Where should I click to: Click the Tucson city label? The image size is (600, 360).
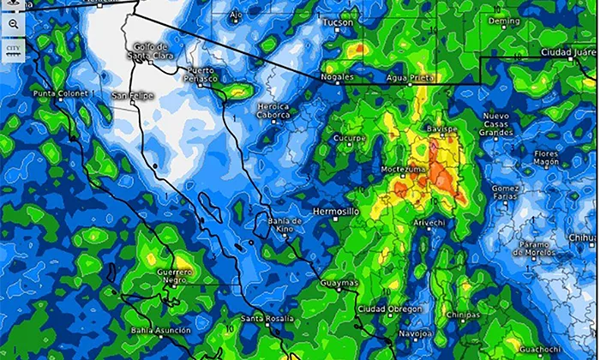[x=337, y=23]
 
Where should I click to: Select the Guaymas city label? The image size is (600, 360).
[x=336, y=281]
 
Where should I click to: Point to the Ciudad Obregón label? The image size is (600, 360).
[x=390, y=309]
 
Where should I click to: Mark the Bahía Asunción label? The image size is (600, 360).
[x=156, y=330]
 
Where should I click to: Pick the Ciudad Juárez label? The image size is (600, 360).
[x=567, y=53]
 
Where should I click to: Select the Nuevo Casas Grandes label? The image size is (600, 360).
[x=497, y=124]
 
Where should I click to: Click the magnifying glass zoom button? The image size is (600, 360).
[x=13, y=24]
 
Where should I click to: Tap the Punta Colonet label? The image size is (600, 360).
[x=61, y=93]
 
